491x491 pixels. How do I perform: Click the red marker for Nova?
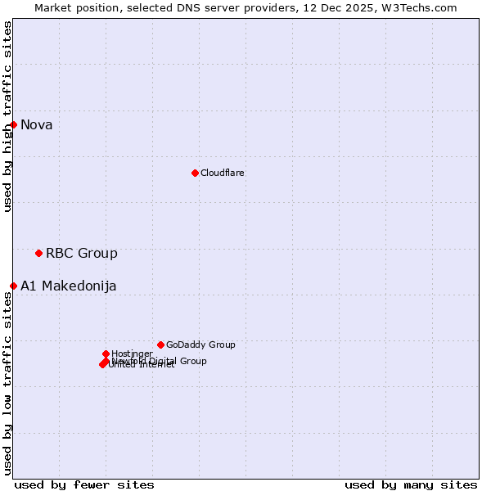pyautogui.click(x=14, y=124)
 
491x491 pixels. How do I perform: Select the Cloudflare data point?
pyautogui.click(x=195, y=173)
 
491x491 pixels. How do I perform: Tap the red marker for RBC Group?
pyautogui.click(x=38, y=253)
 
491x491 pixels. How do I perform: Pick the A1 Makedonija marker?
pyautogui.click(x=14, y=286)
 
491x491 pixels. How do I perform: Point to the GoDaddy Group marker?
pyautogui.click(x=160, y=345)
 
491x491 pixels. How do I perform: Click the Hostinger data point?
pyautogui.click(x=106, y=354)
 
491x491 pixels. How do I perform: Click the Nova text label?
pyautogui.click(x=37, y=125)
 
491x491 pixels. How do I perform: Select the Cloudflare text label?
pyautogui.click(x=223, y=173)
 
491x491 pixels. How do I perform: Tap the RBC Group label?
pyautogui.click(x=82, y=254)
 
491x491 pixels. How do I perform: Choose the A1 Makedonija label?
pyautogui.click(x=69, y=286)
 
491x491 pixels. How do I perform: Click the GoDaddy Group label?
pyautogui.click(x=200, y=345)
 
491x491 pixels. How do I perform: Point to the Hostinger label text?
pyautogui.click(x=132, y=354)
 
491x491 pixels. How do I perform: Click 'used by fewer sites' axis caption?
pyautogui.click(x=84, y=484)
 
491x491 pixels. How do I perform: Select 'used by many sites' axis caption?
pyautogui.click(x=411, y=484)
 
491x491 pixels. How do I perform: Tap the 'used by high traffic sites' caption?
pyautogui.click(x=8, y=116)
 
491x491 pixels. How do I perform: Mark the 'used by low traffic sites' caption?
pyautogui.click(x=8, y=383)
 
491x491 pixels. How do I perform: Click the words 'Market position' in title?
pyautogui.click(x=74, y=8)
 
